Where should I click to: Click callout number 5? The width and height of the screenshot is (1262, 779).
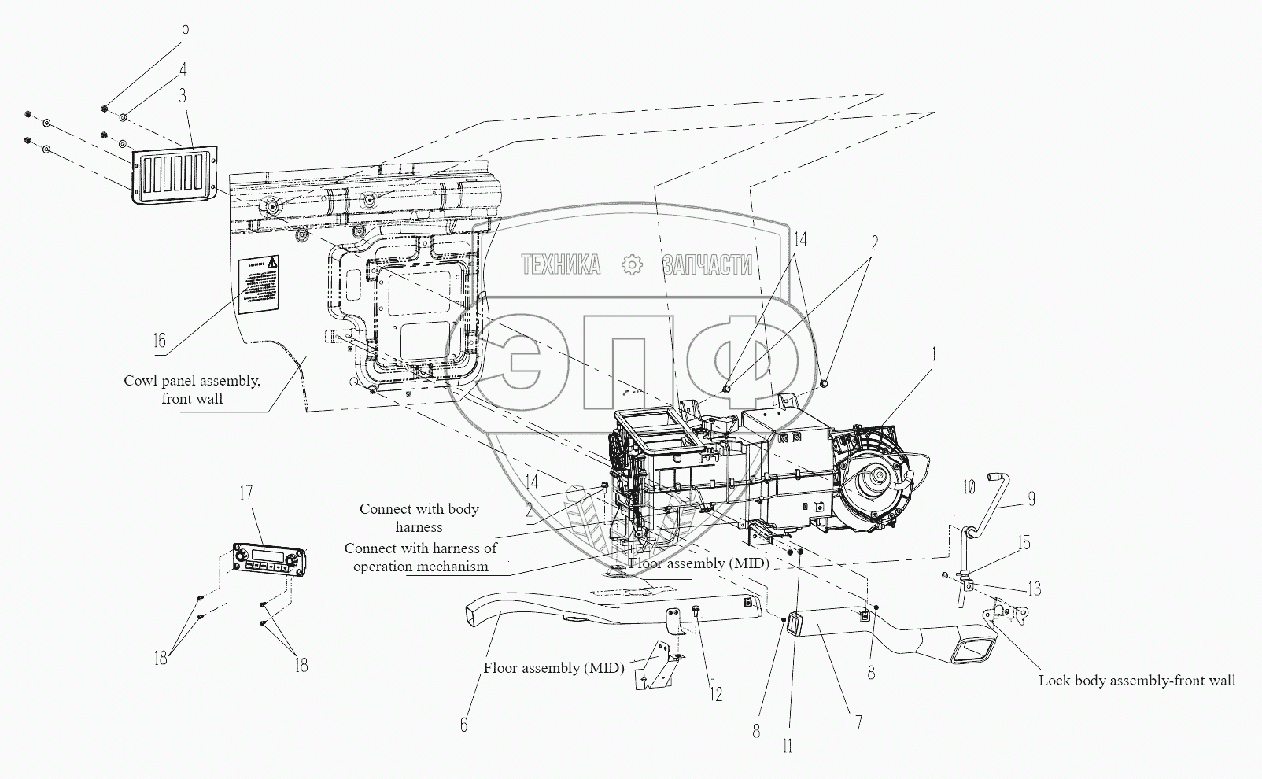tap(186, 28)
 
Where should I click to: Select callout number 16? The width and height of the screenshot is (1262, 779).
tap(160, 341)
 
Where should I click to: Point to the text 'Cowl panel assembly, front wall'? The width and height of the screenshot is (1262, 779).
tap(191, 389)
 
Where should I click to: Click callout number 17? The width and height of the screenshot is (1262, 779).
tap(246, 493)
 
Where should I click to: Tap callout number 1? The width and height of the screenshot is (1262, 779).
tap(935, 355)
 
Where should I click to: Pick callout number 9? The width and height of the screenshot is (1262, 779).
tap(1031, 499)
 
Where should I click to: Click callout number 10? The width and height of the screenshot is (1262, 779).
tap(969, 488)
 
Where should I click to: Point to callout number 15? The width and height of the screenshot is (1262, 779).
tap(1023, 543)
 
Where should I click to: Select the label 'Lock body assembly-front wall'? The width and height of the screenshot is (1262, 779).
tap(1136, 681)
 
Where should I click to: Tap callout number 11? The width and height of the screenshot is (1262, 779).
tap(788, 746)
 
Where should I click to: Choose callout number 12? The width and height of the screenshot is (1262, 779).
tap(716, 694)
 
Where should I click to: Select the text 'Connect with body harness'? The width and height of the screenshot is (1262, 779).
tap(419, 518)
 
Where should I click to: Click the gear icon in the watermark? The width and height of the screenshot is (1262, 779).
tap(632, 265)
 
